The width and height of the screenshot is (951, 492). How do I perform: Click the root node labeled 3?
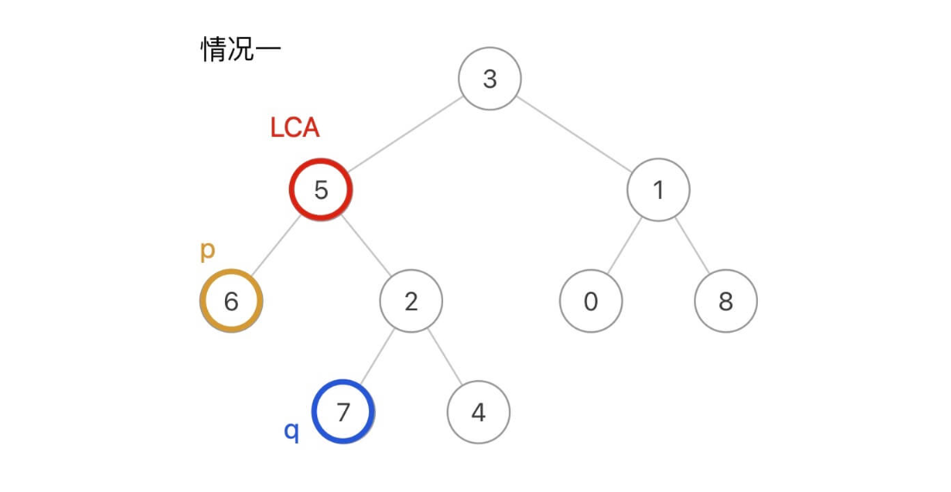click(x=490, y=78)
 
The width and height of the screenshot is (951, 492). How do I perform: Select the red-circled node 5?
click(x=321, y=190)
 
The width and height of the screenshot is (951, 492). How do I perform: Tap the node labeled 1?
click(x=658, y=190)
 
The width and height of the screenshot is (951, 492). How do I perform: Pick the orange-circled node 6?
click(x=231, y=301)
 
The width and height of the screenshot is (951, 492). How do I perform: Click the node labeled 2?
click(x=411, y=301)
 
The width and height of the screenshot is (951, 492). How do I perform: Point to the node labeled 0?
click(x=591, y=301)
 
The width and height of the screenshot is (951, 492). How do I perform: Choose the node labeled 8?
click(x=725, y=301)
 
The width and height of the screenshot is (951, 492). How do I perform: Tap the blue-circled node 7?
click(x=343, y=412)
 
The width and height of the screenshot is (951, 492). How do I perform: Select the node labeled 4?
click(x=479, y=412)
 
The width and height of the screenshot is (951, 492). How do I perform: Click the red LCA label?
click(x=295, y=128)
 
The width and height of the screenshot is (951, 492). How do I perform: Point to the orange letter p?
click(x=207, y=250)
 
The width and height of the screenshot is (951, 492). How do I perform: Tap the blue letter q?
click(x=292, y=430)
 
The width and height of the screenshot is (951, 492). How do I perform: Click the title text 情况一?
click(x=241, y=49)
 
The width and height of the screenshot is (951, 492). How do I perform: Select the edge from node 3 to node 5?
click(x=405, y=134)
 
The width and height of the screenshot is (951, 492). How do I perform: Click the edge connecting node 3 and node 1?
click(x=574, y=134)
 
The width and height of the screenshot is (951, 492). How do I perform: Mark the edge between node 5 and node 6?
click(x=276, y=246)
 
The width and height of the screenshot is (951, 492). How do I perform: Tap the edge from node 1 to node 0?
click(x=624, y=246)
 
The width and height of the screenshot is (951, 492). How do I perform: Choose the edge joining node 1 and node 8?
click(x=691, y=246)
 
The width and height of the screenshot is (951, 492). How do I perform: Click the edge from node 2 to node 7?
click(x=377, y=357)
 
